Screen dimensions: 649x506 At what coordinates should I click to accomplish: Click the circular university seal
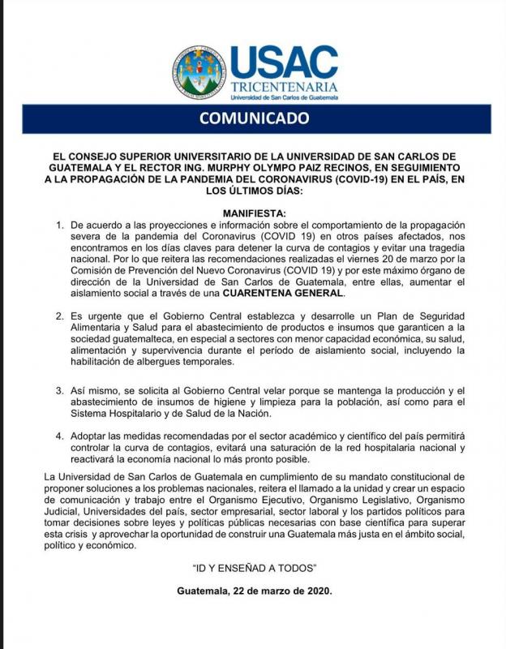pos(199,73)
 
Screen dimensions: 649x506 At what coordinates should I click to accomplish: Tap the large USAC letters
pos(283,61)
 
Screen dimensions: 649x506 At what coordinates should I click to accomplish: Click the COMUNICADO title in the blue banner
pos(254,118)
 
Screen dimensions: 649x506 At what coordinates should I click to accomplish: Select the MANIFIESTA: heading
pos(253,213)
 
